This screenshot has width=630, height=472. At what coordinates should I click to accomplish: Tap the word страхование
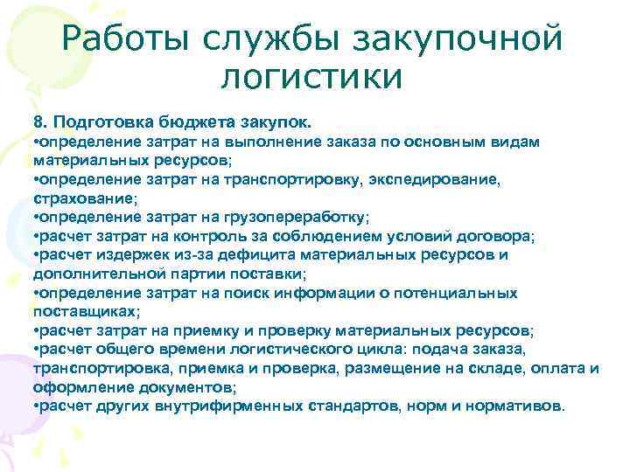click(75, 197)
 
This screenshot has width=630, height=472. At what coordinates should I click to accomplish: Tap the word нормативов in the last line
click(525, 406)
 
